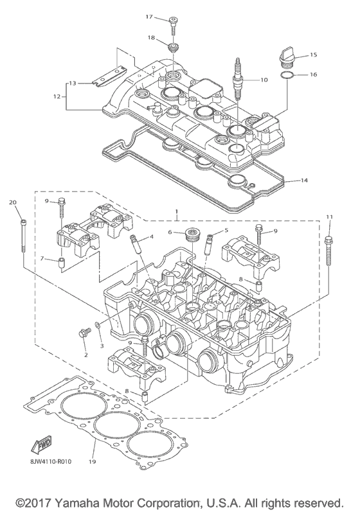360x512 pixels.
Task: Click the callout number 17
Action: [149, 16]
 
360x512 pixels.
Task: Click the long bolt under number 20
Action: [24, 238]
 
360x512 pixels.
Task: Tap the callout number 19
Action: [93, 461]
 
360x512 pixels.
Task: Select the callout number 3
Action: [101, 346]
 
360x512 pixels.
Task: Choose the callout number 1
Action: [176, 211]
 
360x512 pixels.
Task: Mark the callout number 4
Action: [151, 237]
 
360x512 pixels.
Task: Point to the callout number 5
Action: [226, 231]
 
